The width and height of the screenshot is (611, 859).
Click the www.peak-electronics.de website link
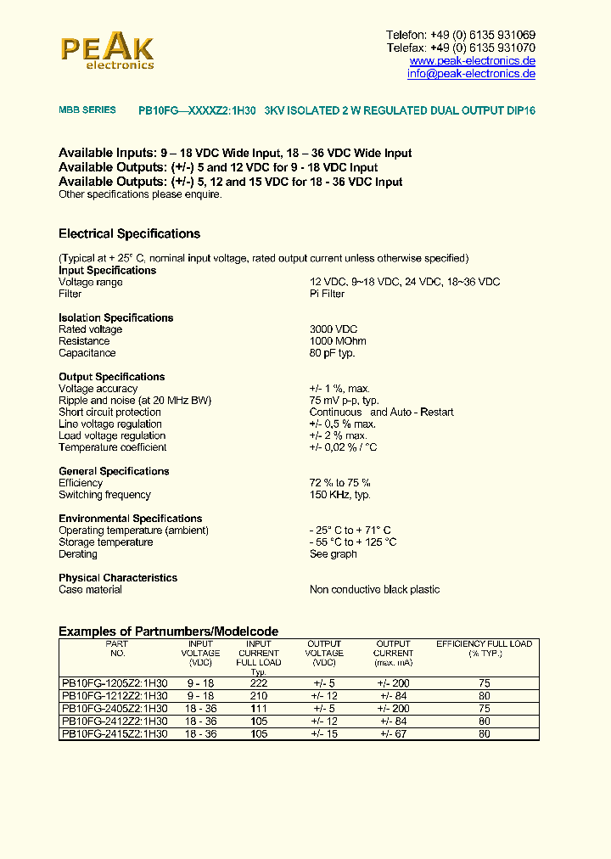(x=472, y=61)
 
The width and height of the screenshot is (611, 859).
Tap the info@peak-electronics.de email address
(x=471, y=74)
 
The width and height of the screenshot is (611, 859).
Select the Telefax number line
(x=461, y=48)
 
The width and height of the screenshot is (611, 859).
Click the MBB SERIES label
(x=87, y=110)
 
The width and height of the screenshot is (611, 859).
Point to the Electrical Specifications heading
(x=129, y=233)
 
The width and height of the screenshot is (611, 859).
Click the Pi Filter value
(x=327, y=294)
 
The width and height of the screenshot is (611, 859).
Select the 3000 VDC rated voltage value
(x=334, y=329)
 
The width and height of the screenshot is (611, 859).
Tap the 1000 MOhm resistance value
(x=337, y=341)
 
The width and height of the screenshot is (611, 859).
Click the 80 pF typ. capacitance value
(x=332, y=353)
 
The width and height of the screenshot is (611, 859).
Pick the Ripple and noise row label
(x=135, y=401)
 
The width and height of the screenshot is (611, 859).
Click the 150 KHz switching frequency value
(x=339, y=495)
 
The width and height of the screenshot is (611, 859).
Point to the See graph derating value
(x=333, y=554)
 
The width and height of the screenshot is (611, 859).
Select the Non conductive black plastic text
(x=374, y=590)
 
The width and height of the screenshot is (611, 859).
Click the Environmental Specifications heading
(x=130, y=519)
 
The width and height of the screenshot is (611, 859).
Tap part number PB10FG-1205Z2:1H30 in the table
(x=115, y=683)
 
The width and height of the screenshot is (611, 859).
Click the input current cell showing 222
(x=259, y=683)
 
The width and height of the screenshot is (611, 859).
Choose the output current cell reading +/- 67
(x=393, y=733)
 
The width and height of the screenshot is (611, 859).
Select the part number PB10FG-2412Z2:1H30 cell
(x=115, y=721)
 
